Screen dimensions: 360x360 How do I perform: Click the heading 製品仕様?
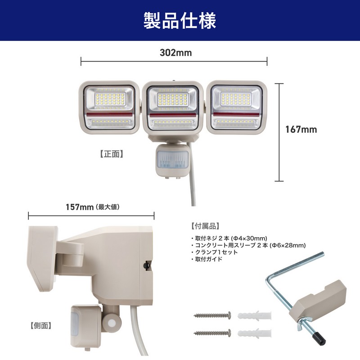pos(180,21)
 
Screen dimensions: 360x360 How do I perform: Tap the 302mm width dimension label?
pos(175,53)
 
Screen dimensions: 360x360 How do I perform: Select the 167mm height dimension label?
pos(301,130)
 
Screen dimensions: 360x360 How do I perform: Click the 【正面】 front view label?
pos(112,154)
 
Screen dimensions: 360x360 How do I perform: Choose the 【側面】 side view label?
pos(41,325)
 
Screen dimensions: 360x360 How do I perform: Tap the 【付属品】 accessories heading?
pos(205,226)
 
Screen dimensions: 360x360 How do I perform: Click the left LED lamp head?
pos(109,107)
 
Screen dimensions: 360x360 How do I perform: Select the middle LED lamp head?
pos(173,108)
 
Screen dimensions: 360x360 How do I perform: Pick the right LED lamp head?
pos(237,107)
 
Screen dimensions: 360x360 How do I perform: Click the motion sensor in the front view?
pos(172,161)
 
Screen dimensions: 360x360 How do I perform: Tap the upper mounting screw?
pos(212,315)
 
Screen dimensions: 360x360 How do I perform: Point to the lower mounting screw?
pos(212,333)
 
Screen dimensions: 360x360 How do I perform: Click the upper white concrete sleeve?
pos(254,316)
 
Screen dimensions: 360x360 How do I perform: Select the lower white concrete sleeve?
pos(254,333)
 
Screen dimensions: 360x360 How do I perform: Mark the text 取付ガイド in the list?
pos(208,259)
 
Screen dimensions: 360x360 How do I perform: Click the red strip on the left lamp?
pos(109,114)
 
